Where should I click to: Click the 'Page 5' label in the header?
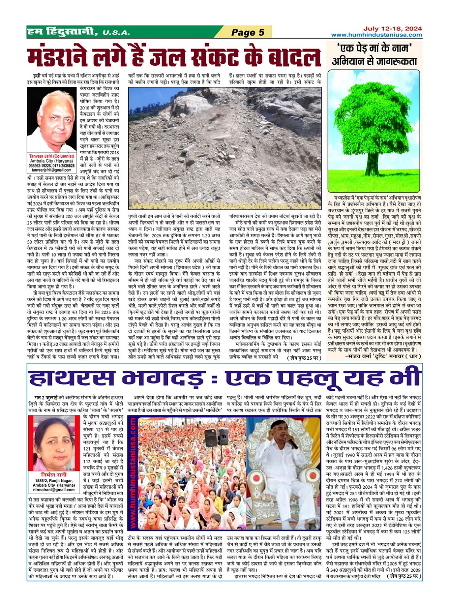pos(248,32)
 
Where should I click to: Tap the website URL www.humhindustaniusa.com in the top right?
pos(376,35)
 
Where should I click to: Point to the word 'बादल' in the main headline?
pos(290,57)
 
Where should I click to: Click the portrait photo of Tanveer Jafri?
pos(51,120)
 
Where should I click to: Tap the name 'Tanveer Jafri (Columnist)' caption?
pos(51,156)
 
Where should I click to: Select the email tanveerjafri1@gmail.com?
pos(51,170)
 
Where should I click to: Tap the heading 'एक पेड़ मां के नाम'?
pos(374,49)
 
